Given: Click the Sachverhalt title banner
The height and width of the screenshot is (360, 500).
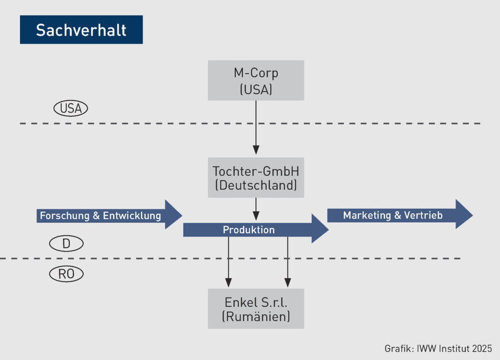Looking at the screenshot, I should point(81,30).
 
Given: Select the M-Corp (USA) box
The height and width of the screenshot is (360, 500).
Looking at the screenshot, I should point(256,80).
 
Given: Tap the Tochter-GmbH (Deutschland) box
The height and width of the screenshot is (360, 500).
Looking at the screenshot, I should point(256,178).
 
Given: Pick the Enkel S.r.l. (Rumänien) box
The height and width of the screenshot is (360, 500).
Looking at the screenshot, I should point(256,308).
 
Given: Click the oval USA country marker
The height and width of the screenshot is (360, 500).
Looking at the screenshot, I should point(71,109).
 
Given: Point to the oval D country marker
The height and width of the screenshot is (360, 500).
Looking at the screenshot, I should point(66,244).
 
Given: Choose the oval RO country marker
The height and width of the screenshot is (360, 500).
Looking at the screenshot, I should point(66,274).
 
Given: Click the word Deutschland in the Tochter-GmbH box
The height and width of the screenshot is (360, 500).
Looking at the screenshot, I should point(256,186).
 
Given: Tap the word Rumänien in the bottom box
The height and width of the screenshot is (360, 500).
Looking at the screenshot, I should point(256,316).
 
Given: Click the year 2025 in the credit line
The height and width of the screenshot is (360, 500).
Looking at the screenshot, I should point(481,348).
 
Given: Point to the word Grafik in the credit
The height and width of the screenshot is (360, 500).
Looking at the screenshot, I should point(397,348).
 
